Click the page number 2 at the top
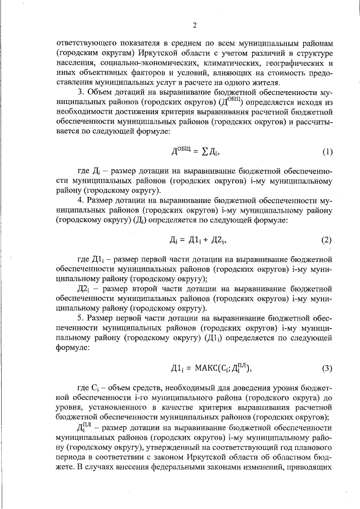(193, 25)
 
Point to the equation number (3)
(327, 369)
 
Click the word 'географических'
(289, 64)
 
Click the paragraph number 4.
(80, 200)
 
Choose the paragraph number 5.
(80, 318)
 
